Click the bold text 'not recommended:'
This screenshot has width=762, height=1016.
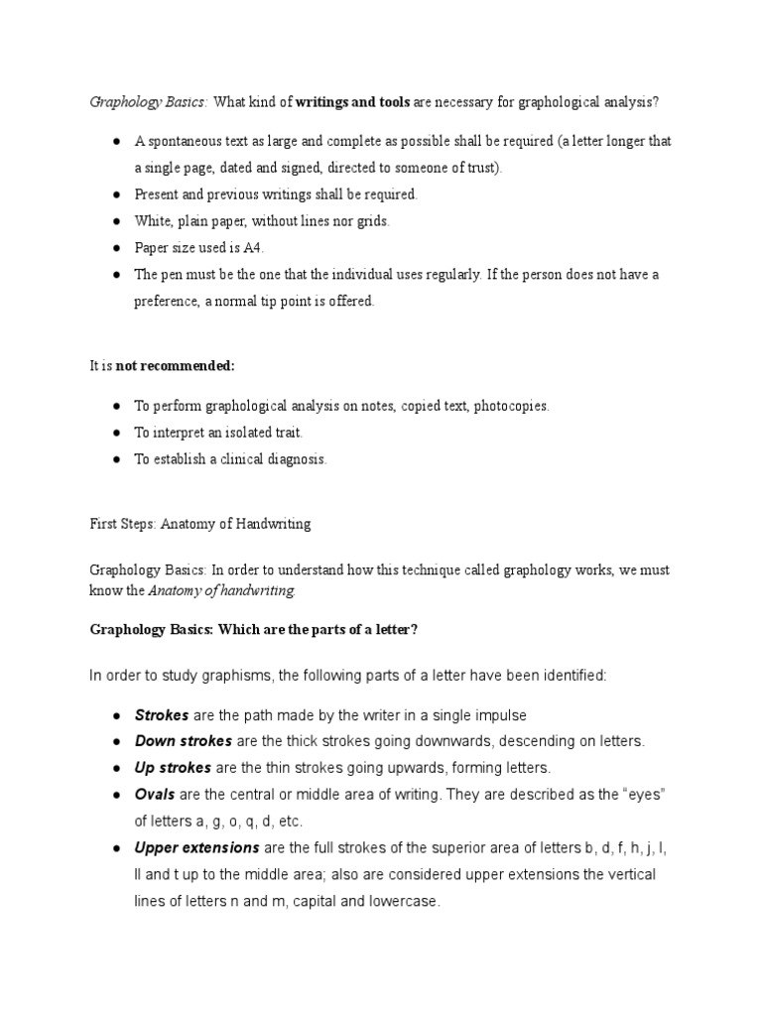[x=176, y=366]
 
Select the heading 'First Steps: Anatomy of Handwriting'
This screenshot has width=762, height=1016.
[x=199, y=525]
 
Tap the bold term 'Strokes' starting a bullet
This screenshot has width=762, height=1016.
[x=161, y=715]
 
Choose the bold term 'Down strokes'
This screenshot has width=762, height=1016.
[x=183, y=741]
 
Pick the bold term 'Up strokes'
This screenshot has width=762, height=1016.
[x=173, y=768]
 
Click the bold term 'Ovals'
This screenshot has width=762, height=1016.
[x=155, y=795]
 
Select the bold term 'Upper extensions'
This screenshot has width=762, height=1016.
[x=196, y=848]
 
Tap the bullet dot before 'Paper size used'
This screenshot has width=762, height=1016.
[x=116, y=248]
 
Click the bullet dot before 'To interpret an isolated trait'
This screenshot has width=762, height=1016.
[x=116, y=434]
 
